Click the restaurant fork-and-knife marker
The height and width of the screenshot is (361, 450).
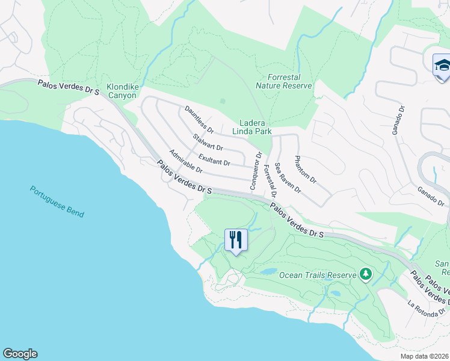tap(235, 240)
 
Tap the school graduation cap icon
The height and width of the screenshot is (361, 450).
tap(442, 64)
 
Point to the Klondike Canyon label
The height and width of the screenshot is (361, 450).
tap(123, 91)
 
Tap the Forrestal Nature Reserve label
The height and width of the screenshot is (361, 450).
tap(284, 81)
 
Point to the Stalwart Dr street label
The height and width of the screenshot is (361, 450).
tap(208, 143)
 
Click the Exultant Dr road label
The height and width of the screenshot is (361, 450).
tap(214, 159)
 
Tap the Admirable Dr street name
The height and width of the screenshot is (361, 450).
tap(186, 161)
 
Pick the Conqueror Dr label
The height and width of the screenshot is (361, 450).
tap(256, 171)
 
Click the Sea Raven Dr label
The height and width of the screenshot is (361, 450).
tap(288, 177)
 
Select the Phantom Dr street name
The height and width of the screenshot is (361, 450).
tap(305, 170)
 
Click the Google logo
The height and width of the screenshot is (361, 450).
tap(20, 354)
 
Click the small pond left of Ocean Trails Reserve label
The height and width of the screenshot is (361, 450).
tap(268, 272)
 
